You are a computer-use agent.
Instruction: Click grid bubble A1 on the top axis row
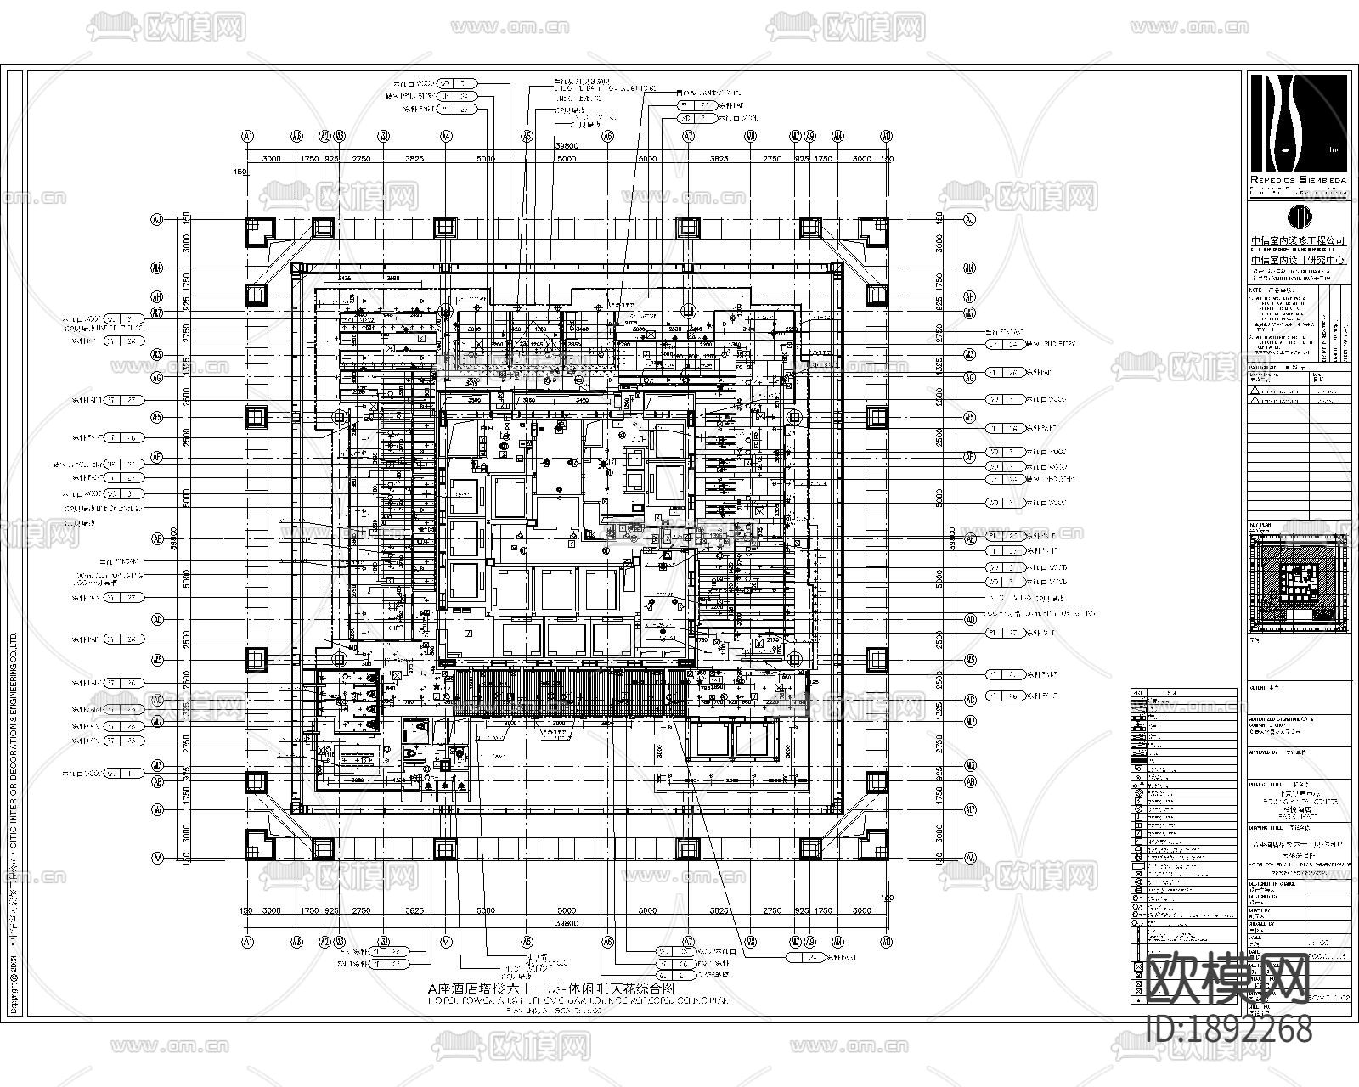248,136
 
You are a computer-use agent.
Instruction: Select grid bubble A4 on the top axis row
446,136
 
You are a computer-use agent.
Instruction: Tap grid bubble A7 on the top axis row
688,136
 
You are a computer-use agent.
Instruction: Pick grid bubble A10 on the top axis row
887,136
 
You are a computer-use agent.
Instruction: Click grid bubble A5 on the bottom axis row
527,942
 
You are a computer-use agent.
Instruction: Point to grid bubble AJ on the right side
970,220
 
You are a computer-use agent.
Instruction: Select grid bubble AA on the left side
157,859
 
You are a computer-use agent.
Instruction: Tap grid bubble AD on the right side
970,619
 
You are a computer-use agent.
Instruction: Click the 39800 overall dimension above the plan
567,146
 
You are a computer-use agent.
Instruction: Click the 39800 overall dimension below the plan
567,923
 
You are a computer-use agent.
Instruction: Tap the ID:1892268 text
1228,1030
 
